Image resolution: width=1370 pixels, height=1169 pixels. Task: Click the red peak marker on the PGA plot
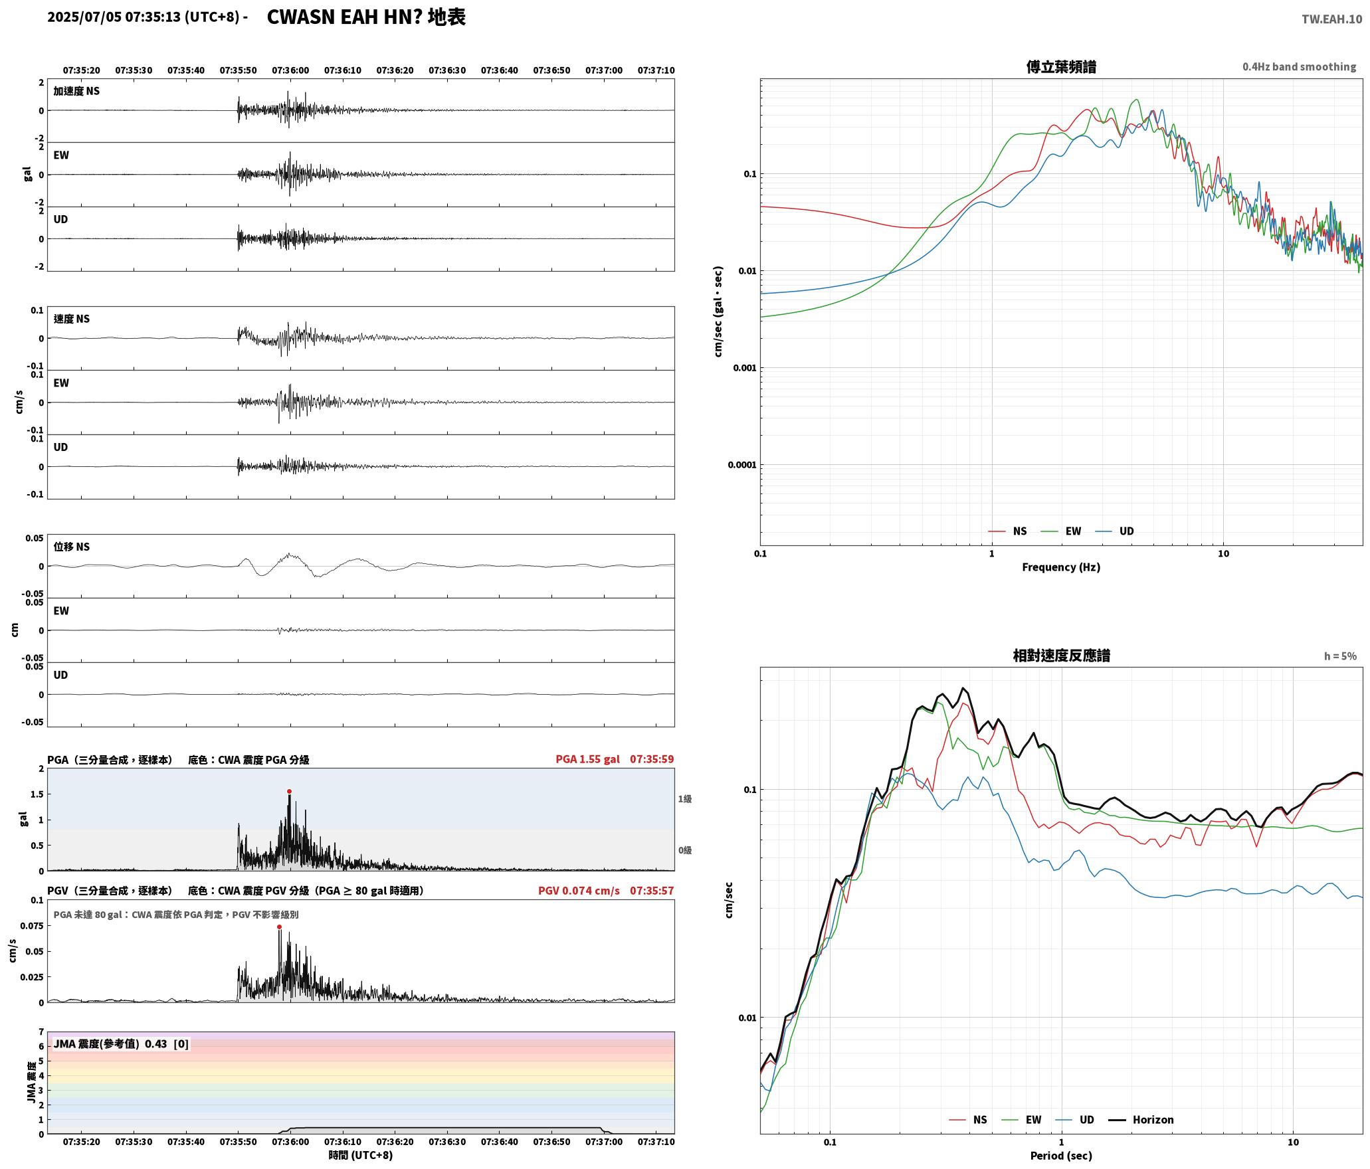pos(289,791)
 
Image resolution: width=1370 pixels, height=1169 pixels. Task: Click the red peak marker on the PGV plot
pos(279,927)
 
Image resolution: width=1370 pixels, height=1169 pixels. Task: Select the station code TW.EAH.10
pos(1331,19)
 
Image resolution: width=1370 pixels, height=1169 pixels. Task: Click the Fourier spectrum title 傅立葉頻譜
pos(1061,66)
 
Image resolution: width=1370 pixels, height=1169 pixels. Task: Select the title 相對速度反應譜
pos(1061,655)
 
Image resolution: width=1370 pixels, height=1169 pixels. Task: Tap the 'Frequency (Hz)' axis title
pos(1061,567)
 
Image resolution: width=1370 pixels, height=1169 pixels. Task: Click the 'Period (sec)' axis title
pos(1061,1156)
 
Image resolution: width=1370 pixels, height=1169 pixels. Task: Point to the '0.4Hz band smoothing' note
pos(1300,66)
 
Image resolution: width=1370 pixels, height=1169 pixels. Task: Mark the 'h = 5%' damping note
pos(1340,656)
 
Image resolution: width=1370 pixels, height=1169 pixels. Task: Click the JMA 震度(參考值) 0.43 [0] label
pos(121,1043)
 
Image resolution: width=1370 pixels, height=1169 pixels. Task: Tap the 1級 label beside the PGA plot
pos(685,798)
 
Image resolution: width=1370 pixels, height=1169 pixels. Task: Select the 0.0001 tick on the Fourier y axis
pos(741,464)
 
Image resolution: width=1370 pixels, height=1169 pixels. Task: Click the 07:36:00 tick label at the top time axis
pos(290,70)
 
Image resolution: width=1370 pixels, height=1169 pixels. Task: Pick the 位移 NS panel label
pos(72,547)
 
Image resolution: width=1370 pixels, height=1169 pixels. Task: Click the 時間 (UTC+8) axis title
pos(361,1155)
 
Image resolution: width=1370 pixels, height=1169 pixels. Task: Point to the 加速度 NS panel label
pos(76,91)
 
